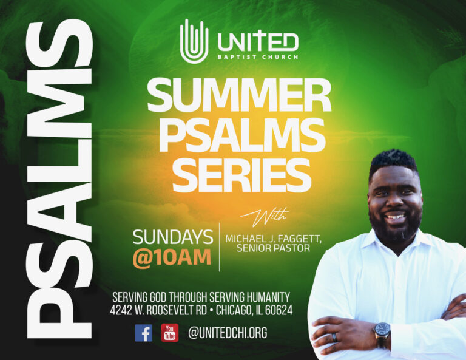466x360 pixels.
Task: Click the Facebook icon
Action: tap(144, 333)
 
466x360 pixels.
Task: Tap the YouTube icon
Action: tap(170, 333)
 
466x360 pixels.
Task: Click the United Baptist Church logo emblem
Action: tap(194, 41)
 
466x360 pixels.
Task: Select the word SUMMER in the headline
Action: tap(239, 95)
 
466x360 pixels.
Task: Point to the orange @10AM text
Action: tap(172, 257)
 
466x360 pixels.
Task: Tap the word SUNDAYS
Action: tap(173, 237)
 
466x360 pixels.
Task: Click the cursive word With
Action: tap(265, 216)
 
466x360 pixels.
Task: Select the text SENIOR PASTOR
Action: tap(274, 248)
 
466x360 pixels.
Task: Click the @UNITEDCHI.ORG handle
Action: tap(228, 333)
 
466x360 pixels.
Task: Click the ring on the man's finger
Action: tap(335, 337)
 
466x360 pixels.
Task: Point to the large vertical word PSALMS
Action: tap(59, 178)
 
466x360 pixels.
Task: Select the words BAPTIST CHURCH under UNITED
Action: tap(258, 57)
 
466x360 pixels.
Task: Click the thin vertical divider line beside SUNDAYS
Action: tap(219, 246)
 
